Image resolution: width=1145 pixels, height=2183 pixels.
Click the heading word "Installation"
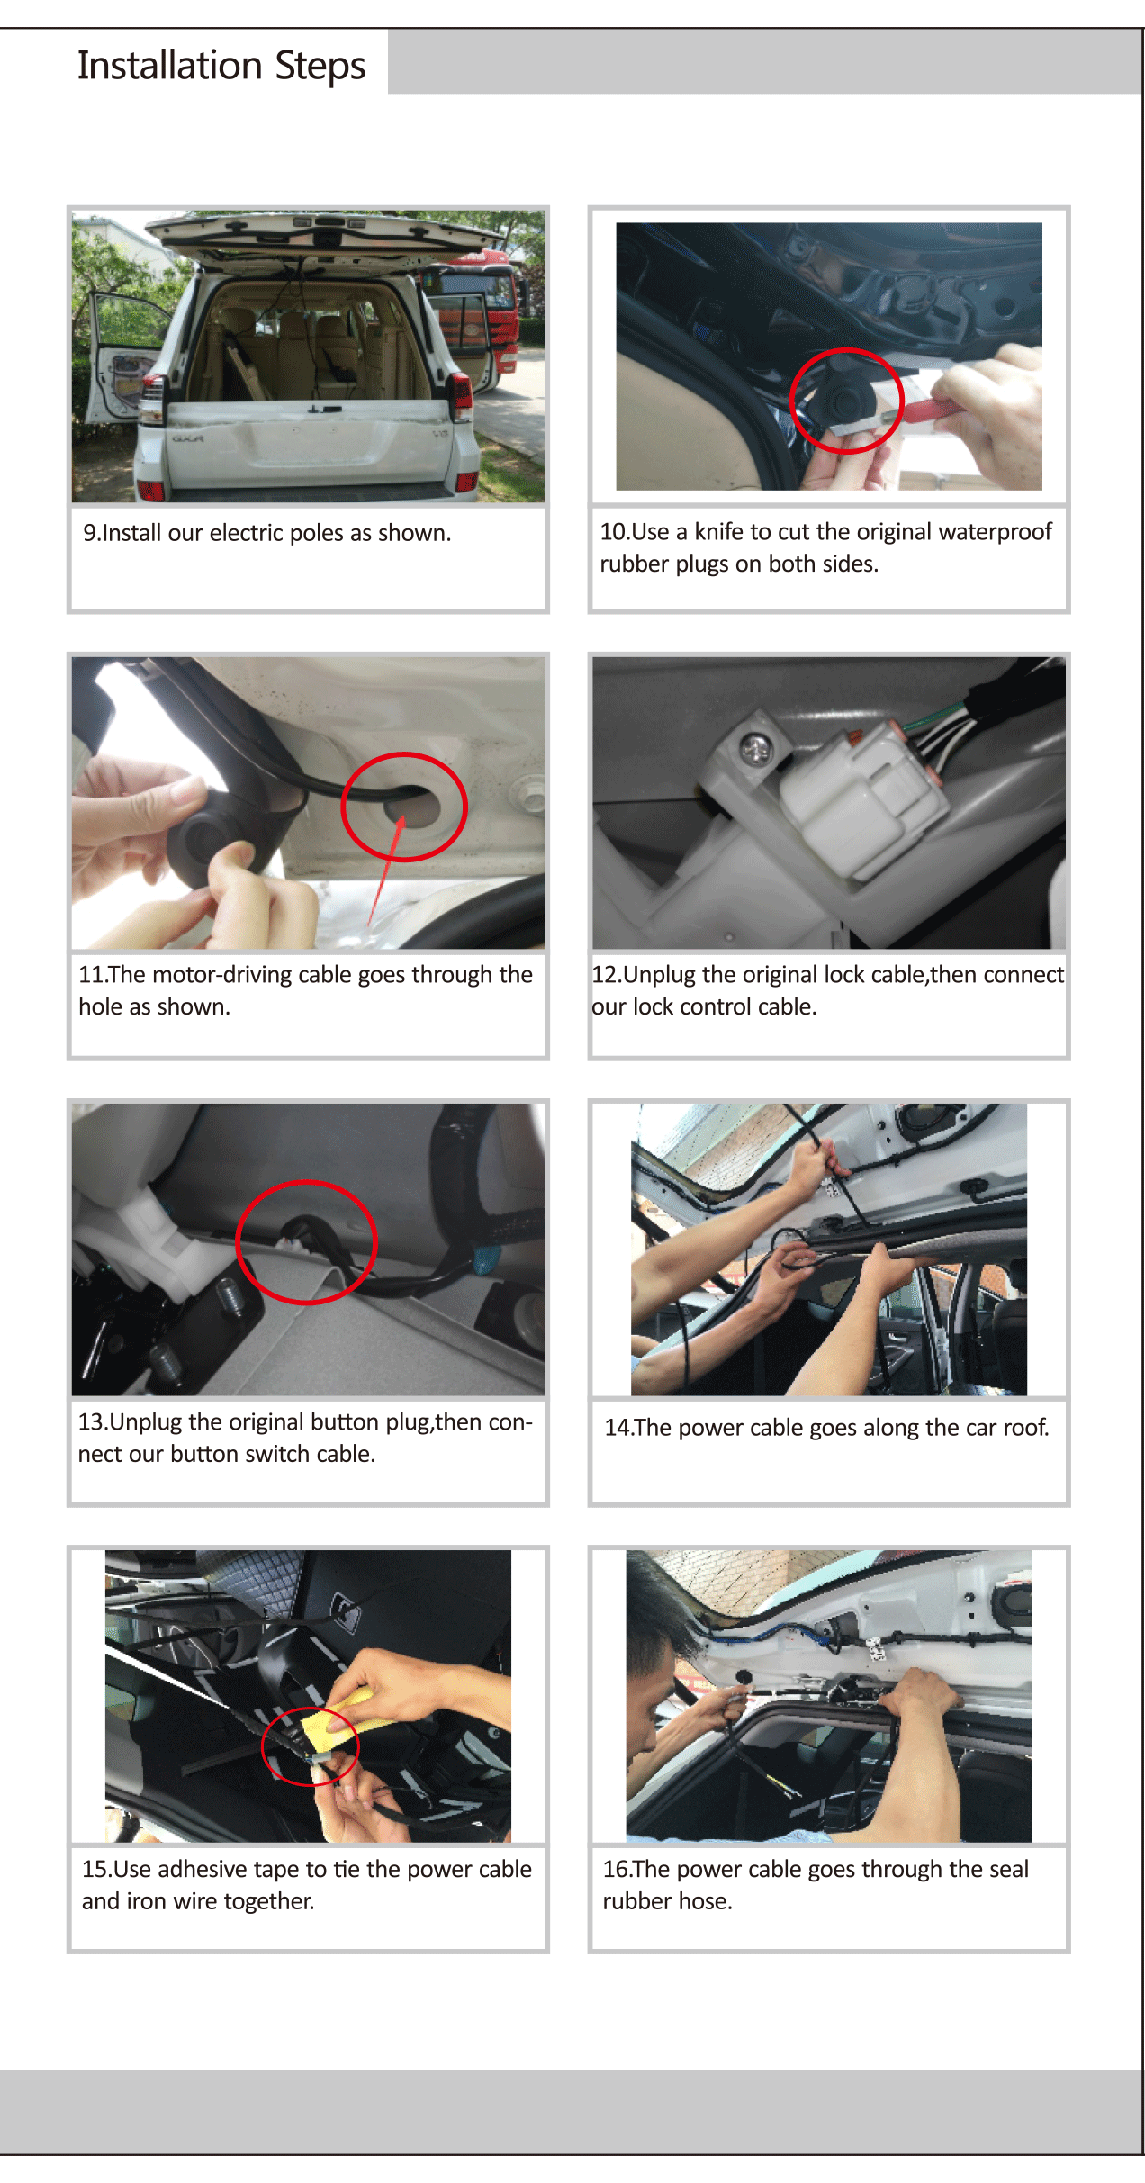click(169, 65)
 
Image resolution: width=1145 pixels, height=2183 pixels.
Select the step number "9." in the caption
click(92, 533)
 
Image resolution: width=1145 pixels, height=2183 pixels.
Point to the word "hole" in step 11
click(101, 1006)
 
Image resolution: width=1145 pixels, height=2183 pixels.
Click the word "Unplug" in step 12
click(659, 975)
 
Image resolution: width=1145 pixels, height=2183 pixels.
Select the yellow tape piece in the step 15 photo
click(335, 1719)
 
